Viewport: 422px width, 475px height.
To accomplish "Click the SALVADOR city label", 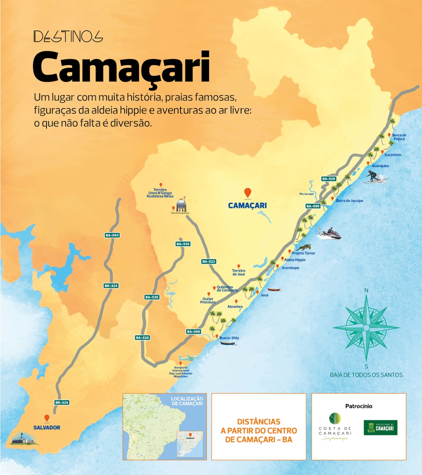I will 47,428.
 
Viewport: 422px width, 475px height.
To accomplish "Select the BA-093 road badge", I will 112,235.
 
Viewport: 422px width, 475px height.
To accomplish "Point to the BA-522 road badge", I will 209,262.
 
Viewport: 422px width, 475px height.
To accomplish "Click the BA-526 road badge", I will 142,337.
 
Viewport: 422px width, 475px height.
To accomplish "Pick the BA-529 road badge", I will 329,179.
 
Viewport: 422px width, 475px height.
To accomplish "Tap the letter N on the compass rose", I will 366,290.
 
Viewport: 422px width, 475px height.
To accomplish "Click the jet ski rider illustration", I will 331,234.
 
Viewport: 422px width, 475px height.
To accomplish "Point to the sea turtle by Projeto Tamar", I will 305,247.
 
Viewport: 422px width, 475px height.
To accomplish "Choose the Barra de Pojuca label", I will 399,137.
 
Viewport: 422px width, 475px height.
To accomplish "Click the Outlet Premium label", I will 208,300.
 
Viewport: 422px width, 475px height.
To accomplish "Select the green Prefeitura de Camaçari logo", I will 380,428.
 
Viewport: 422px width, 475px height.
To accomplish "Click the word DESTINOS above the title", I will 68,37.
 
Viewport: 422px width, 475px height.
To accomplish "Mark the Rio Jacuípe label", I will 307,193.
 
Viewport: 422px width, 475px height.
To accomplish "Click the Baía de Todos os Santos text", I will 366,375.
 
